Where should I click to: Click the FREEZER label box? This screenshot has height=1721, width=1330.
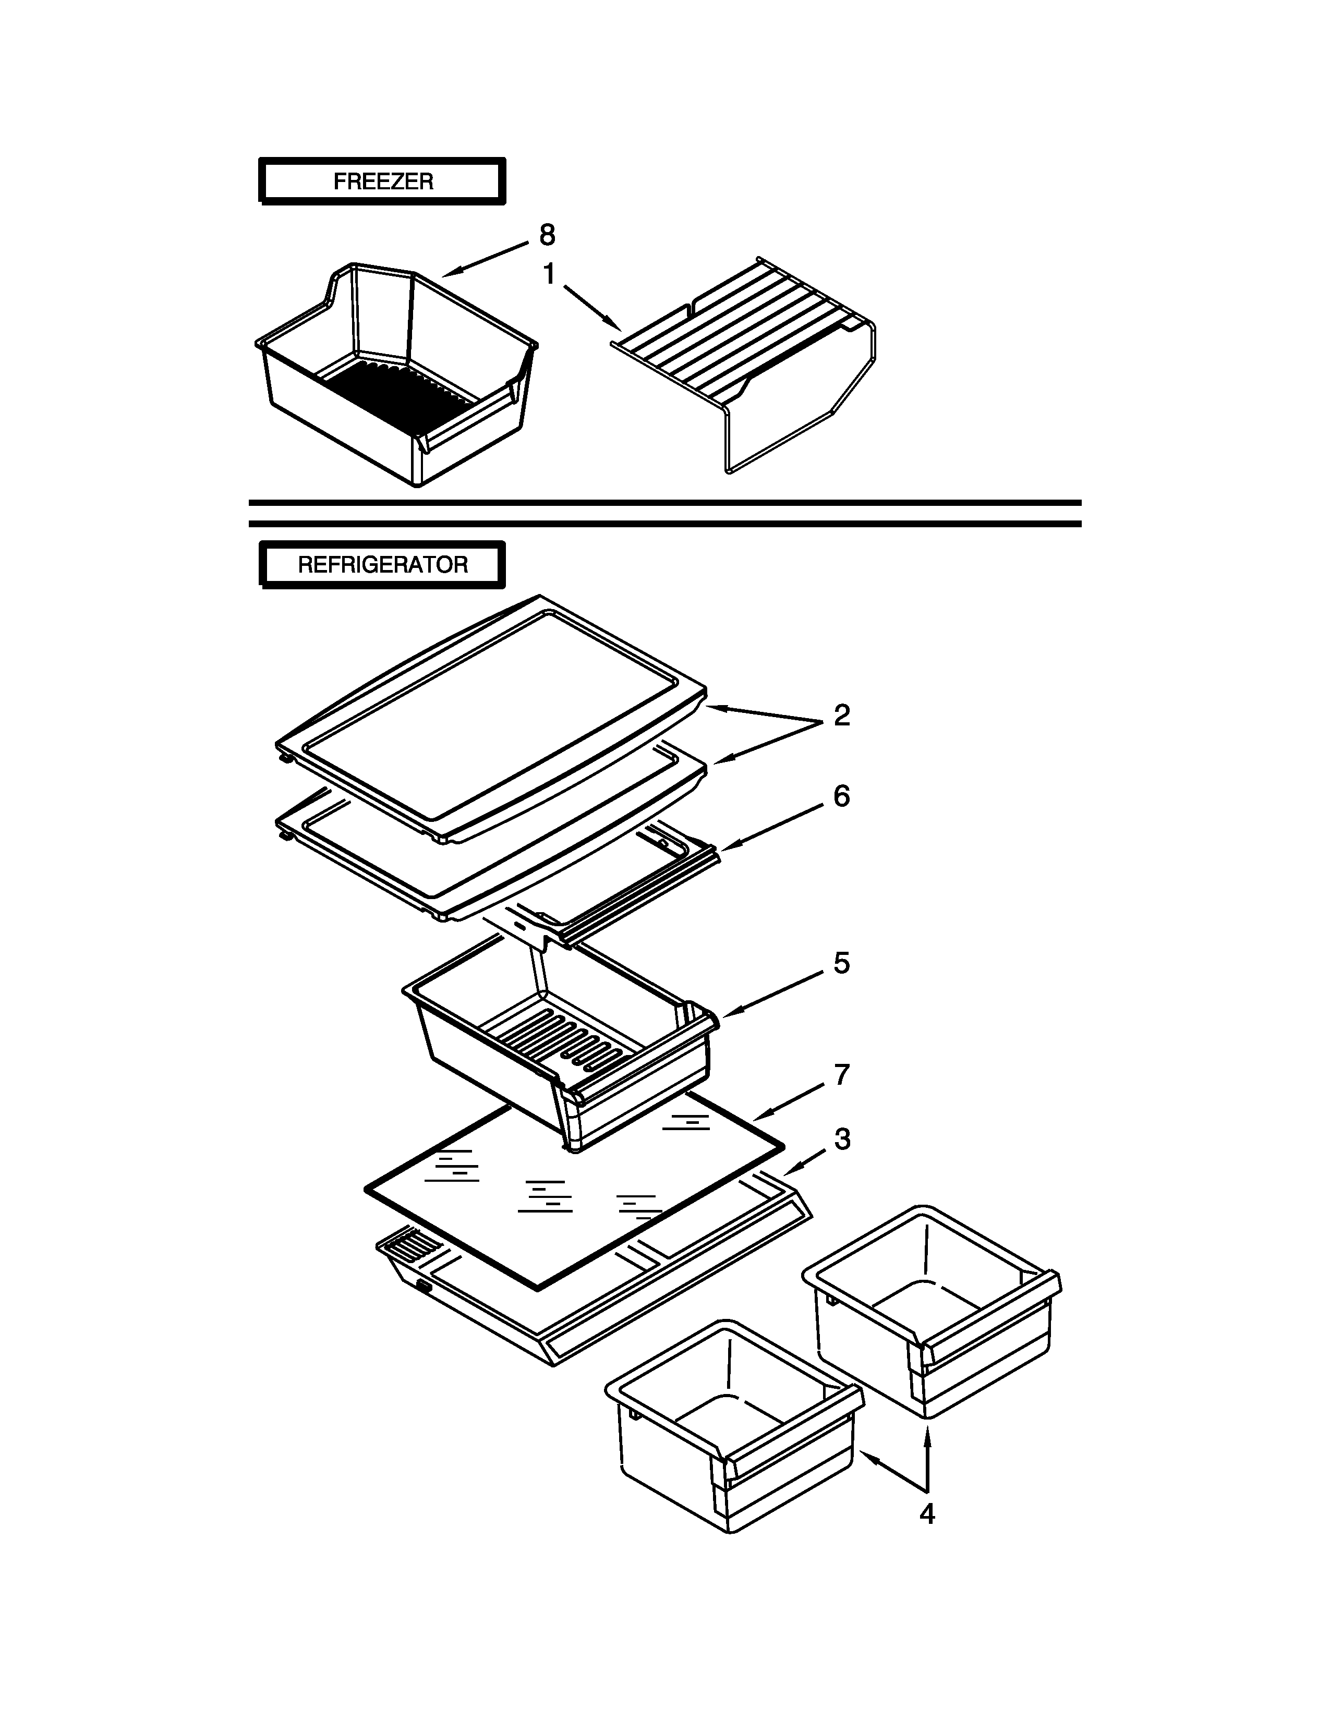pyautogui.click(x=382, y=181)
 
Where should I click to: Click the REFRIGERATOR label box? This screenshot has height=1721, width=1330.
pyautogui.click(x=382, y=565)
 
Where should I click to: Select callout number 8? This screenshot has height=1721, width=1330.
pyautogui.click(x=547, y=235)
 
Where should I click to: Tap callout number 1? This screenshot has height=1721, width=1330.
pyautogui.click(x=549, y=274)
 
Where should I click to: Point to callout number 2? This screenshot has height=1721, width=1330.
pyautogui.click(x=841, y=716)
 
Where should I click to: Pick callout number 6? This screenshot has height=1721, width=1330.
pyautogui.click(x=841, y=797)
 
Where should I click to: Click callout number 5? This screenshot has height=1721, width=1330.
pyautogui.click(x=841, y=963)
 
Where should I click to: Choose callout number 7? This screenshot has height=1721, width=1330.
pyautogui.click(x=841, y=1075)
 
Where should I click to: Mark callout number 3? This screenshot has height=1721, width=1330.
pyautogui.click(x=841, y=1140)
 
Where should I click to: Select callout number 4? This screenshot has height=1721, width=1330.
pyautogui.click(x=927, y=1514)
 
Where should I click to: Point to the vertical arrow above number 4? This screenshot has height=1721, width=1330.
pyautogui.click(x=927, y=1458)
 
